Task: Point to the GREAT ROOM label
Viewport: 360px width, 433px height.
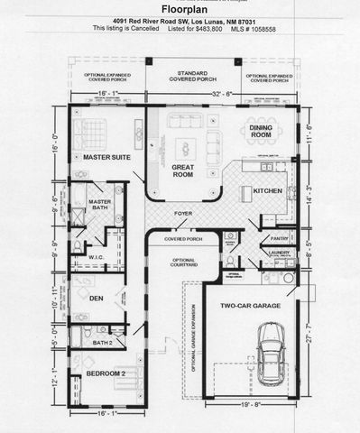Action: (x=188, y=170)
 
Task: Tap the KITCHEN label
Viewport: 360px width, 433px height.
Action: (x=267, y=191)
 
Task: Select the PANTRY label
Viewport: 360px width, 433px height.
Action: (x=278, y=238)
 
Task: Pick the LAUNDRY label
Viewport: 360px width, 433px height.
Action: (x=278, y=253)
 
